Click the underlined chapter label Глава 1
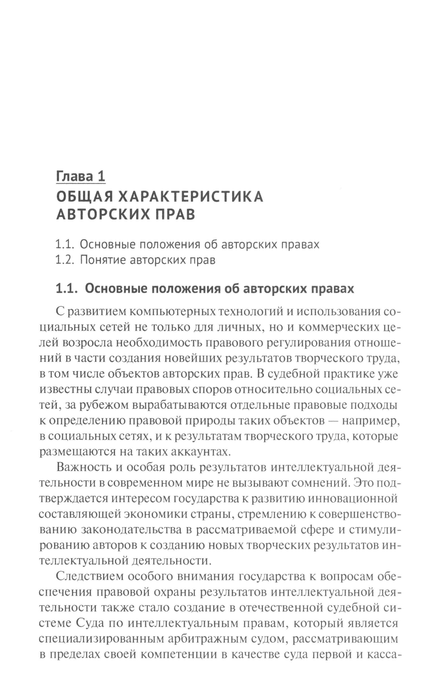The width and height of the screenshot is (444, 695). tap(80, 176)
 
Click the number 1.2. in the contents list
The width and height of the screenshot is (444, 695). tap(65, 260)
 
